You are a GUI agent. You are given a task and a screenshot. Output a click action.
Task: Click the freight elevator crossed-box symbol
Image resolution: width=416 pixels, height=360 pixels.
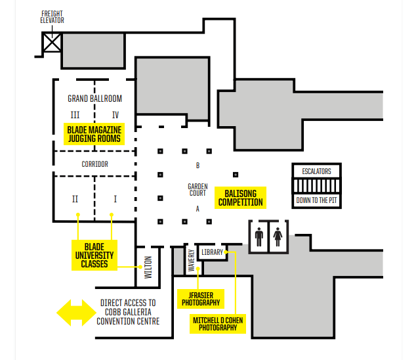tap(52, 43)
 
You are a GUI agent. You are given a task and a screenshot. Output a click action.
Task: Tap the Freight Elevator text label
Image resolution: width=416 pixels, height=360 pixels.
tap(52, 17)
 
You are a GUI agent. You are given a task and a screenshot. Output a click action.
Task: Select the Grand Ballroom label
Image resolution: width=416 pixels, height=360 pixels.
tap(94, 99)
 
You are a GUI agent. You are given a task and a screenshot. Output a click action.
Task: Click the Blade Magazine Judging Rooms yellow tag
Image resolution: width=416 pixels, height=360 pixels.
tap(94, 134)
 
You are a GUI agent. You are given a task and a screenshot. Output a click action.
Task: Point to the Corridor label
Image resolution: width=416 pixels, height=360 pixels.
tap(94, 164)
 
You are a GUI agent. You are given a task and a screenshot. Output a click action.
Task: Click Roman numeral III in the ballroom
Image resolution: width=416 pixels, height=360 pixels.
tap(75, 115)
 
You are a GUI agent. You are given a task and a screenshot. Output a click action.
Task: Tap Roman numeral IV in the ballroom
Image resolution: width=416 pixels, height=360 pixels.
tap(115, 115)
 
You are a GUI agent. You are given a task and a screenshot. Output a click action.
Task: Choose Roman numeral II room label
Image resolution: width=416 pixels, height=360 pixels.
tap(75, 199)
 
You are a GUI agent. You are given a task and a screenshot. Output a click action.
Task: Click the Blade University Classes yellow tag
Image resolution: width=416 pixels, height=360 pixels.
tap(94, 256)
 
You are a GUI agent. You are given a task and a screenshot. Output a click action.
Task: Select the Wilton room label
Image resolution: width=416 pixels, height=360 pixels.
tap(148, 267)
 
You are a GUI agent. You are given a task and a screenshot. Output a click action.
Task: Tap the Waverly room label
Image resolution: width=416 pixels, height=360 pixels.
tap(192, 261)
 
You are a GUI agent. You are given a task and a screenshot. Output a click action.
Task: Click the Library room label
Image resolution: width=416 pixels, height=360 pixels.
tap(212, 252)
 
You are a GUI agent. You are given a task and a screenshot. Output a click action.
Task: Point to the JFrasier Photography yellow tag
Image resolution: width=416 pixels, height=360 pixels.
tap(201, 299)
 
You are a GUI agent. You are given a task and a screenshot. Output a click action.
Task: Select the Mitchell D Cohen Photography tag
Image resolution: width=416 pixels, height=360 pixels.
tap(218, 324)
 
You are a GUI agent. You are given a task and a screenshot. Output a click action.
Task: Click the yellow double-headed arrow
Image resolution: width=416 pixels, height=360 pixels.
tap(76, 313)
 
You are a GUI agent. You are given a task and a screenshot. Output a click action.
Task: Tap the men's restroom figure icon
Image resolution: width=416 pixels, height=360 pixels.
tap(259, 236)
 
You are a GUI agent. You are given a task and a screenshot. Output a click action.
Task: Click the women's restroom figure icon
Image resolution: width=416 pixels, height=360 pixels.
tap(278, 236)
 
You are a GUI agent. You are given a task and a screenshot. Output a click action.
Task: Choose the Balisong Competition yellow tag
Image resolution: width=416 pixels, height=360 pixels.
tap(240, 198)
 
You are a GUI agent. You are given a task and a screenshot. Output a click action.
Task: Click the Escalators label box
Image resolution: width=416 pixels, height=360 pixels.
tap(316, 171)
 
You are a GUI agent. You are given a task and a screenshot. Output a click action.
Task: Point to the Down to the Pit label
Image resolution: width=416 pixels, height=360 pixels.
tap(316, 200)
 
